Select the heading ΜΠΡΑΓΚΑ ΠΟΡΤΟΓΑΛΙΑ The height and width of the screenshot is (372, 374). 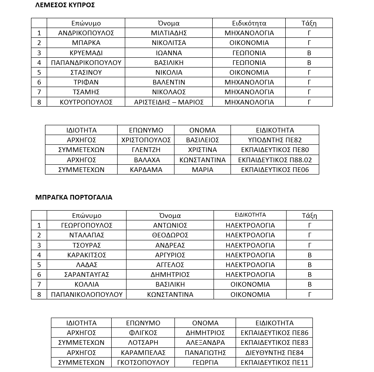pyautogui.click(x=73, y=197)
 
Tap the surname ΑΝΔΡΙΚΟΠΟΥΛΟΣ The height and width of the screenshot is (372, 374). pyautogui.click(x=86, y=33)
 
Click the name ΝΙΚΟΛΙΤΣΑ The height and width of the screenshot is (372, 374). pyautogui.click(x=169, y=43)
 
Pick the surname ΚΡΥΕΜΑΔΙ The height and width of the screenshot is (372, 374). pyautogui.click(x=86, y=53)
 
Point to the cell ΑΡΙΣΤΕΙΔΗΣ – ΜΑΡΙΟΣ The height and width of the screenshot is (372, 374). pyautogui.click(x=169, y=102)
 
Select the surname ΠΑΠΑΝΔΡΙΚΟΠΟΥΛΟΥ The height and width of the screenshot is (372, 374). pyautogui.click(x=86, y=63)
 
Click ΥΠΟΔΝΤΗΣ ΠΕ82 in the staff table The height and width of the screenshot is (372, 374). pyautogui.click(x=275, y=140)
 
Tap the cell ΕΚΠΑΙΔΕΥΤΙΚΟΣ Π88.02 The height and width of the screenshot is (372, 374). pyautogui.click(x=275, y=160)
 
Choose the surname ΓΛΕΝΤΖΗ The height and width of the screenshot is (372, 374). pyautogui.click(x=146, y=150)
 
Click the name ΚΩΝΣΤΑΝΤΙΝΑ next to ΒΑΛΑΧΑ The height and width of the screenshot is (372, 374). pyautogui.click(x=202, y=160)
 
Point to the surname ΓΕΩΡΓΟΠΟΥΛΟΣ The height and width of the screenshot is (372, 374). pyautogui.click(x=87, y=225)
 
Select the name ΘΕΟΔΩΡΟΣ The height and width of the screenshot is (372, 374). pyautogui.click(x=170, y=235)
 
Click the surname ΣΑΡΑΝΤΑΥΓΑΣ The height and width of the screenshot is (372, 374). pyautogui.click(x=87, y=275)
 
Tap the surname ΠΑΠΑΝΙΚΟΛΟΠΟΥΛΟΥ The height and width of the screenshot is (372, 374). pyautogui.click(x=87, y=295)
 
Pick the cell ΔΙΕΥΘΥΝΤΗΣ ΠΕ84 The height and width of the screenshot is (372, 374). pyautogui.click(x=274, y=352)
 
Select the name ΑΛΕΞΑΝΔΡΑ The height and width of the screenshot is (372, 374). pyautogui.click(x=205, y=343)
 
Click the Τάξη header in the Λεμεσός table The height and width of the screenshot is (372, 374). pyautogui.click(x=309, y=23)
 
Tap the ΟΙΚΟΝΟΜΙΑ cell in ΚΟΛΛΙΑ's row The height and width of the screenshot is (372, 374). pyautogui.click(x=250, y=285)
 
